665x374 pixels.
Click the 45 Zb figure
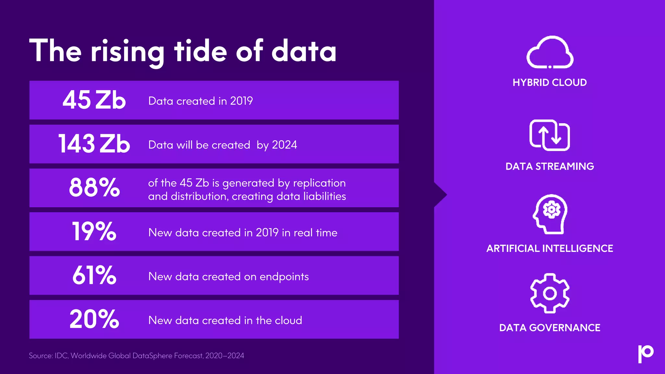click(x=94, y=100)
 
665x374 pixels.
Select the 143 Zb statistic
click(x=94, y=144)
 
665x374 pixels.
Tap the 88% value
click(x=94, y=188)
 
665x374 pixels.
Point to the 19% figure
click(x=94, y=231)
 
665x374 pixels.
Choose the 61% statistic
click(x=94, y=275)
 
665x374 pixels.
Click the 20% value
click(x=94, y=319)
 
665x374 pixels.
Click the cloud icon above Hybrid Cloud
click(x=550, y=53)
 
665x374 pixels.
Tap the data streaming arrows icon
click(x=550, y=135)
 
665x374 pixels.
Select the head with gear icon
click(x=550, y=214)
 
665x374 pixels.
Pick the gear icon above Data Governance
click(x=550, y=293)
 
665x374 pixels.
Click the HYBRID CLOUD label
click(x=550, y=82)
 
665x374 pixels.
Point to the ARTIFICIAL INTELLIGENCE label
click(x=550, y=249)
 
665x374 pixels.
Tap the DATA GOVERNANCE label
click(x=550, y=328)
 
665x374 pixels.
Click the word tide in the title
click(x=200, y=51)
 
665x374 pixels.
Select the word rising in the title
click(x=128, y=52)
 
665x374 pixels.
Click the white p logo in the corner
click(x=646, y=353)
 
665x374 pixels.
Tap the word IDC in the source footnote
click(x=61, y=356)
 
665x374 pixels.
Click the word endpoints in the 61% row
click(x=284, y=277)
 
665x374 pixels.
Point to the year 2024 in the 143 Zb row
click(x=284, y=145)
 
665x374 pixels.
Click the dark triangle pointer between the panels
click(x=440, y=195)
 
